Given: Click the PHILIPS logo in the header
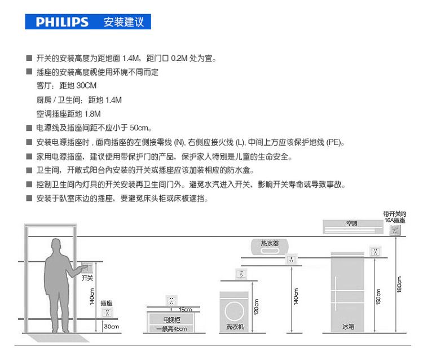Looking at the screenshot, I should tap(62, 22).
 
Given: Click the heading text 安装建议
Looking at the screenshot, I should tap(124, 22).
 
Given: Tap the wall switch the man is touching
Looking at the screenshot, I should tap(85, 266).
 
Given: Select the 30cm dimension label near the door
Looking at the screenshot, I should tap(111, 327).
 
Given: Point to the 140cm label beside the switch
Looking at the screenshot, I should tap(91, 294).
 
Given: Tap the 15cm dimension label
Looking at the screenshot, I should tap(185, 310).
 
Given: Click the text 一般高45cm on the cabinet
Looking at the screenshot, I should tap(171, 329).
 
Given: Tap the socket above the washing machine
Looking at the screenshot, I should tap(241, 274).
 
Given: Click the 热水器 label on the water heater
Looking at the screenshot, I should tap(269, 243).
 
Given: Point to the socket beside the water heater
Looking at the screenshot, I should tap(291, 260).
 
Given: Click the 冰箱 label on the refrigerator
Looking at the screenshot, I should tap(347, 327).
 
